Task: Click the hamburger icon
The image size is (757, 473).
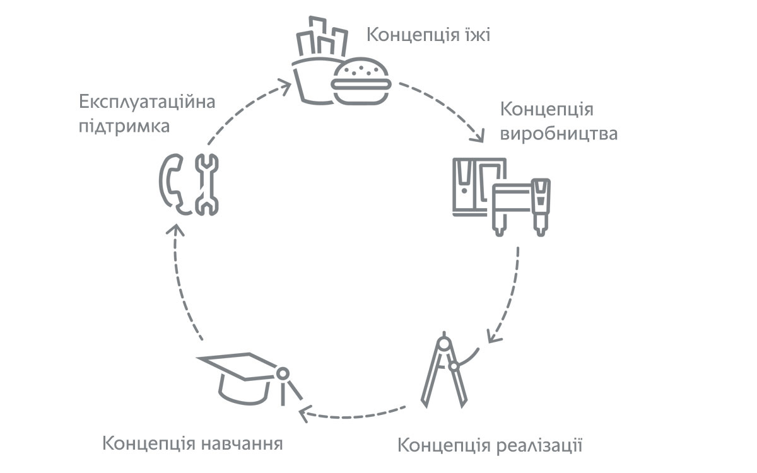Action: point(361,81)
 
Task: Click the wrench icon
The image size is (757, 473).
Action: point(207,184)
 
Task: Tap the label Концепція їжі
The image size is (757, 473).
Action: point(428,35)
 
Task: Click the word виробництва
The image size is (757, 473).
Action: point(559,134)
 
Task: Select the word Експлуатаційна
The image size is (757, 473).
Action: point(147,102)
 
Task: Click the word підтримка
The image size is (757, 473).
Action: point(124,127)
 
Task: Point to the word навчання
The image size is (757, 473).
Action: point(242,444)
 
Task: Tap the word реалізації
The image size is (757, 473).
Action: point(539,445)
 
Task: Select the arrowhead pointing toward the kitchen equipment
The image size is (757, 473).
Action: point(478,136)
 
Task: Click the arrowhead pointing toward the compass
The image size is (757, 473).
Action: point(493,337)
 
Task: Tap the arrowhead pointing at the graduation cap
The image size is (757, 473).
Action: point(303,414)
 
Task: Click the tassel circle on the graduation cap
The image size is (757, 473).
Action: point(283,373)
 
